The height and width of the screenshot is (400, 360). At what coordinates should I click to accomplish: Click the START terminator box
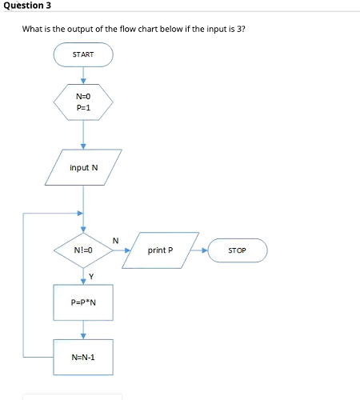pos(83,54)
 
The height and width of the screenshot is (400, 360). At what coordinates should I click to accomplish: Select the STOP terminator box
pos(237,250)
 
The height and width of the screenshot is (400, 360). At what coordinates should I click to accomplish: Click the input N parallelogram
pos(83,168)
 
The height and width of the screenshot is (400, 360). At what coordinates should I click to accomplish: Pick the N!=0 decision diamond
pos(83,250)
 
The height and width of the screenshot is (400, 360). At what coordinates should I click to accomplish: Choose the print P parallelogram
pos(166,250)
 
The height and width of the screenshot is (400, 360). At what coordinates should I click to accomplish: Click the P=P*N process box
pos(83,302)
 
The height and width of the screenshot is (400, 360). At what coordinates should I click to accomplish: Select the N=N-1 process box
pos(83,356)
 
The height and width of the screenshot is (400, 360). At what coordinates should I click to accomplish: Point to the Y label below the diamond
pos(91,278)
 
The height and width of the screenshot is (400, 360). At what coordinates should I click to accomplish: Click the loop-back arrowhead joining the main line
pos(79,214)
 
